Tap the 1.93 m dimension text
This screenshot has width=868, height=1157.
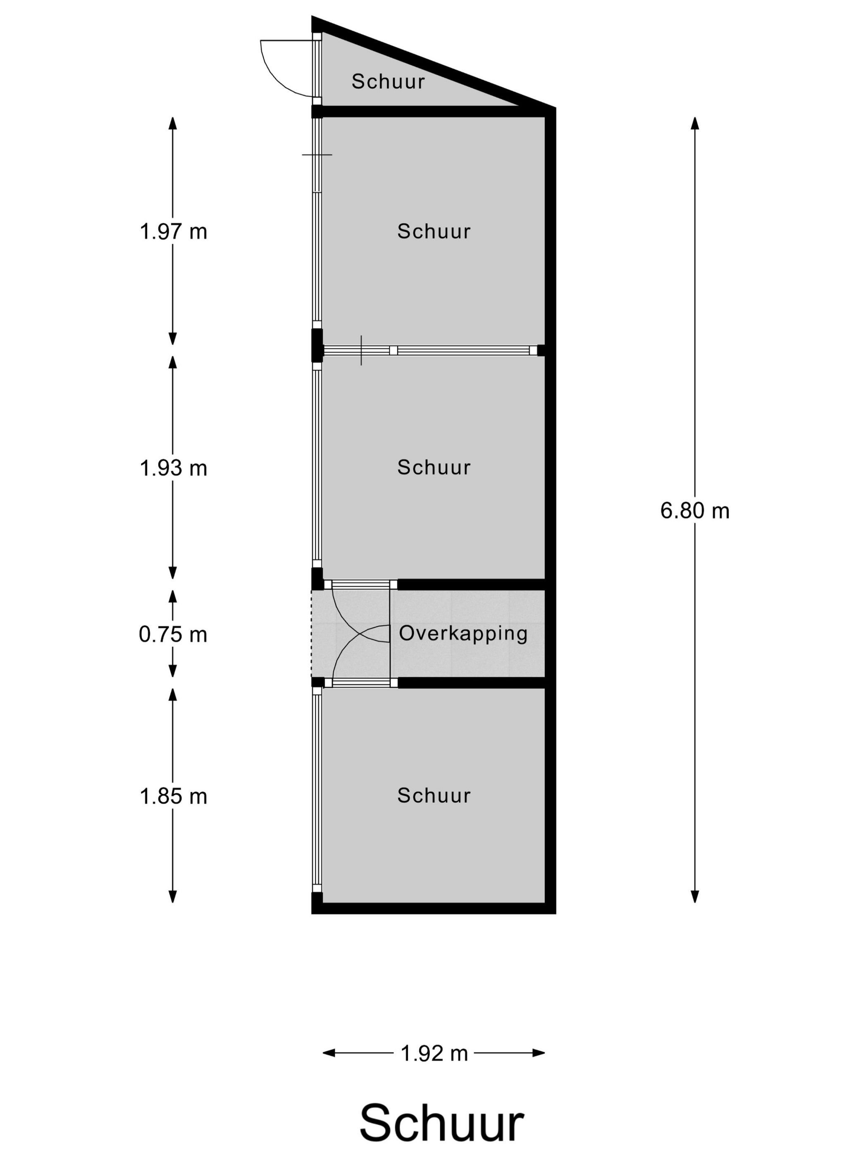173,468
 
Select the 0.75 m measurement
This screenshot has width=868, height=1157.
173,634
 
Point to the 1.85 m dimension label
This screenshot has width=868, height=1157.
173,796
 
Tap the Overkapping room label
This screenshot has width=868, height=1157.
463,633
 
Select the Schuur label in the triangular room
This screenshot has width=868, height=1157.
388,81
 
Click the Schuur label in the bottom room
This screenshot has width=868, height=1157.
434,795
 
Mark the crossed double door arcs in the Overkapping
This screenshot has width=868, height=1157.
361,634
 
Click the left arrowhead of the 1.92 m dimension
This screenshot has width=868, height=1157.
329,1053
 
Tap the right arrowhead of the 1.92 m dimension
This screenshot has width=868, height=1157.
539,1053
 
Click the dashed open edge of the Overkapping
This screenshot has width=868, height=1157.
312,634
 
